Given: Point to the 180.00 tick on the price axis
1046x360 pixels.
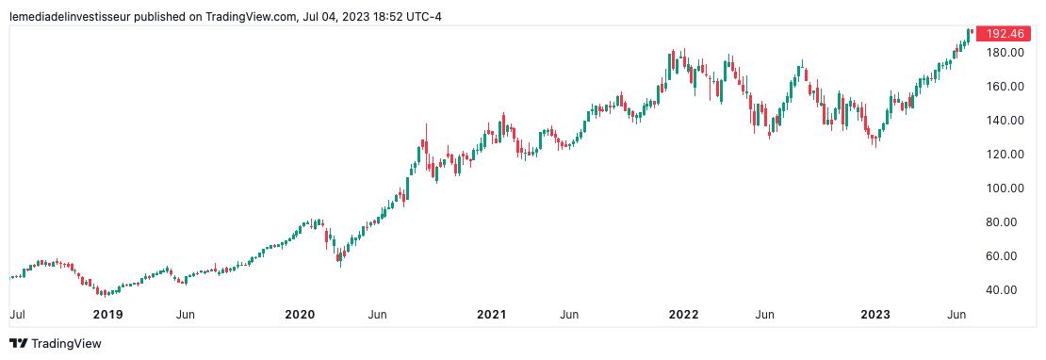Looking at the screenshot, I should [x=1005, y=53].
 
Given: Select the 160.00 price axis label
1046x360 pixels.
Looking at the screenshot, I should [x=1005, y=87].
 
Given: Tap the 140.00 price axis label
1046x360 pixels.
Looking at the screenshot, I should [x=1005, y=121].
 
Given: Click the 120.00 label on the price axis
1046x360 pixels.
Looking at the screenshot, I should [x=1005, y=155].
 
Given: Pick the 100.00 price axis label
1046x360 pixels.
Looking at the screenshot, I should [x=1005, y=188].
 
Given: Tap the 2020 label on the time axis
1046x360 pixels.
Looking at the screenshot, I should [x=300, y=314].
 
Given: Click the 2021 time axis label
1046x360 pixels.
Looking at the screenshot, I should [x=492, y=314].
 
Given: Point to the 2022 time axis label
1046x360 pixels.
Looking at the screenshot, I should [x=684, y=314].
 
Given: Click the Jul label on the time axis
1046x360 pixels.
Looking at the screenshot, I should [x=17, y=314].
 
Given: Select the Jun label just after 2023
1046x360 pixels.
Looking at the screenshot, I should [x=956, y=314].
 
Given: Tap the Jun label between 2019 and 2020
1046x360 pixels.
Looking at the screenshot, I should [x=187, y=314].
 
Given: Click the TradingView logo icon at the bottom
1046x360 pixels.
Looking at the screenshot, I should [x=18, y=344].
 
